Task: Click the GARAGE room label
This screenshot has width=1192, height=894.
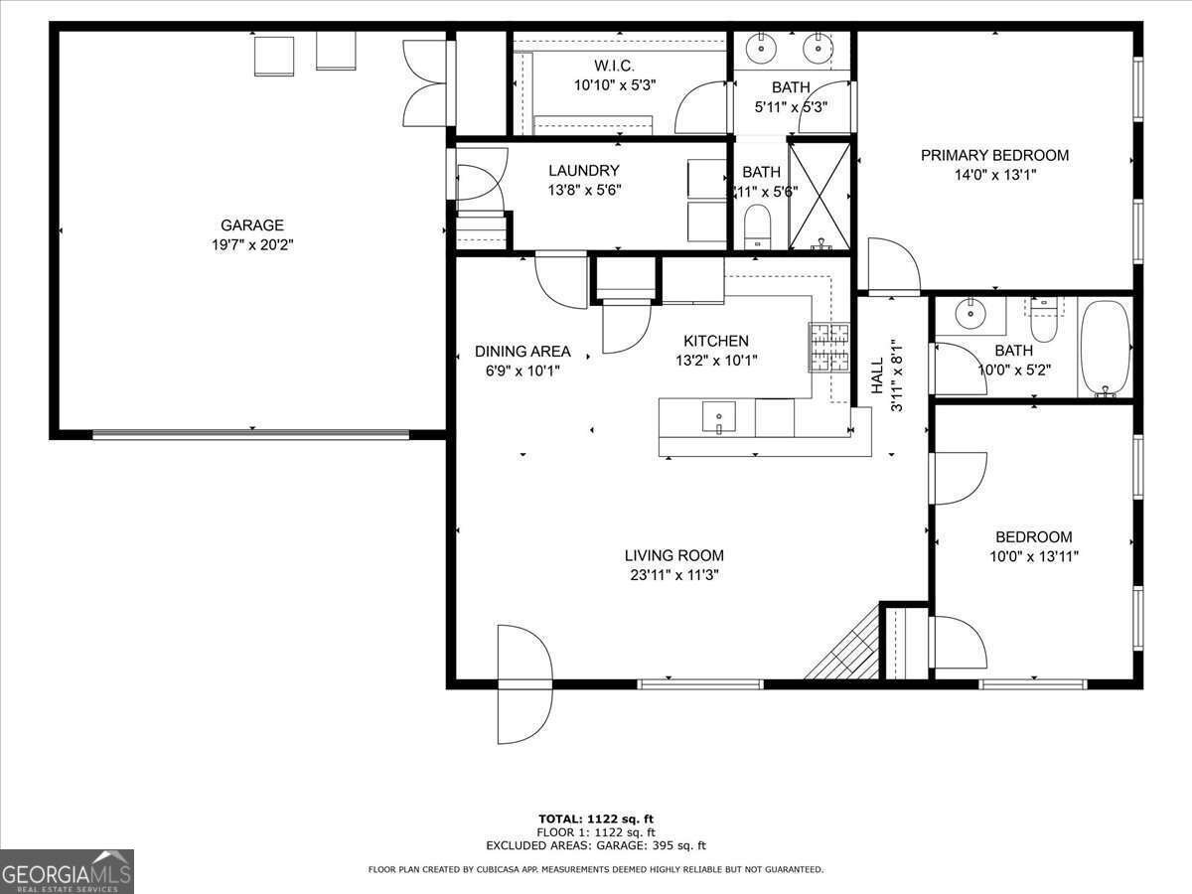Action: click(x=251, y=225)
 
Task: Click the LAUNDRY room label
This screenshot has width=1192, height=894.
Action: click(x=583, y=171)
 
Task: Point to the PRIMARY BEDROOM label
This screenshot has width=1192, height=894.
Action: click(x=994, y=155)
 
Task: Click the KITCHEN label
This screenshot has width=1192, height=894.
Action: click(x=715, y=341)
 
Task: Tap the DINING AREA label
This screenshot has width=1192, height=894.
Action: click(x=522, y=351)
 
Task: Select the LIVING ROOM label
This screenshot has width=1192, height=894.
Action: click(x=673, y=555)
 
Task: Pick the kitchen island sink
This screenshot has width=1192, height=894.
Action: click(x=718, y=416)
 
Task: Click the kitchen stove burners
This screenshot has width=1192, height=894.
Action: click(x=830, y=347)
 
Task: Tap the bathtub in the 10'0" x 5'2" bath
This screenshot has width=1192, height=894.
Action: click(x=1105, y=349)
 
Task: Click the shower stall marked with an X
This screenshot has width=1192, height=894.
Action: click(x=819, y=195)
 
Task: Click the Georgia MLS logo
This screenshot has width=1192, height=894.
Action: click(x=67, y=871)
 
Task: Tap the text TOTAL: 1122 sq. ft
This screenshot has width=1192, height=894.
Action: click(x=596, y=819)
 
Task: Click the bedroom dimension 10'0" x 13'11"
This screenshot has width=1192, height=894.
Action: click(x=1034, y=556)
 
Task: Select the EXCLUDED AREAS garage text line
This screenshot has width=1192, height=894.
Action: click(x=596, y=846)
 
